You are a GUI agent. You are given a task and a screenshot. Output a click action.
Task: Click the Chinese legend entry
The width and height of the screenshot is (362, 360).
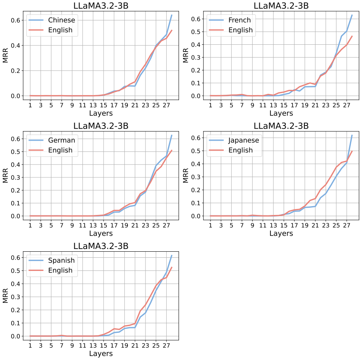(62, 20)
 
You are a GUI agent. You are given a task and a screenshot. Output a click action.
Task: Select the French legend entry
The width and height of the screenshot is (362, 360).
(239, 20)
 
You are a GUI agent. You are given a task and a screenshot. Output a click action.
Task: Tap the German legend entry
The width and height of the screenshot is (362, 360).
(62, 140)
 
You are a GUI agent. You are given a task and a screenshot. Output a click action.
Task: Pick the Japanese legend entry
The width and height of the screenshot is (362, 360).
(244, 140)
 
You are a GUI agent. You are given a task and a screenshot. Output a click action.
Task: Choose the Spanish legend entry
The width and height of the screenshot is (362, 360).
(62, 261)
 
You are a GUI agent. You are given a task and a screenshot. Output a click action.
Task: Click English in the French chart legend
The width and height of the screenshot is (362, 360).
(240, 30)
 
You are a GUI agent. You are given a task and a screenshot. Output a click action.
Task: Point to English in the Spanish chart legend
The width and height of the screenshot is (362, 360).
(60, 270)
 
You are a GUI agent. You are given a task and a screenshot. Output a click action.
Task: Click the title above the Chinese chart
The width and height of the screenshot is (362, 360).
(101, 6)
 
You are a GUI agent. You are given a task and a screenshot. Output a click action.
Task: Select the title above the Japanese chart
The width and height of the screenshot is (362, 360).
(281, 126)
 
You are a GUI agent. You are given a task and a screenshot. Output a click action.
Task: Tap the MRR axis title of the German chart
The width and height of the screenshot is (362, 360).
(5, 175)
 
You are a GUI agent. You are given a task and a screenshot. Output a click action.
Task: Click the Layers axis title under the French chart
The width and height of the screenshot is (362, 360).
(281, 113)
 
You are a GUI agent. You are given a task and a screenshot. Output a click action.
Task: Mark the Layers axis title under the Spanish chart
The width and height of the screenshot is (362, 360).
(101, 354)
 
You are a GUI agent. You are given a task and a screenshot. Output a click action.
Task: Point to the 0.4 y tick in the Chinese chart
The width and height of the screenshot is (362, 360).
(16, 45)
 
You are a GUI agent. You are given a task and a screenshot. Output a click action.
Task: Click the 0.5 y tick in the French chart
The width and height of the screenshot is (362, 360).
(196, 32)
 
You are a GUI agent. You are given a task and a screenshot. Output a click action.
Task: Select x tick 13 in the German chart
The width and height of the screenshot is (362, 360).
(93, 225)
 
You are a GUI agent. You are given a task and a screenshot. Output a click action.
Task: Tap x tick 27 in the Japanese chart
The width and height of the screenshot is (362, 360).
(346, 225)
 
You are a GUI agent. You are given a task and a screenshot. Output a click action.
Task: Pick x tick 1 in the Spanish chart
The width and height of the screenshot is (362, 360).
(30, 346)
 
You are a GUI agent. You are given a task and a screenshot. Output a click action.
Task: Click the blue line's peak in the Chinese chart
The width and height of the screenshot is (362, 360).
(172, 15)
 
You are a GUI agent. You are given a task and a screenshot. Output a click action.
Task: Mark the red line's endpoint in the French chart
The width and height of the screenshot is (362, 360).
(352, 36)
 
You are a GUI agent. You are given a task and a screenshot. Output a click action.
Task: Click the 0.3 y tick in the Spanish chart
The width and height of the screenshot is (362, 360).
(16, 297)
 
